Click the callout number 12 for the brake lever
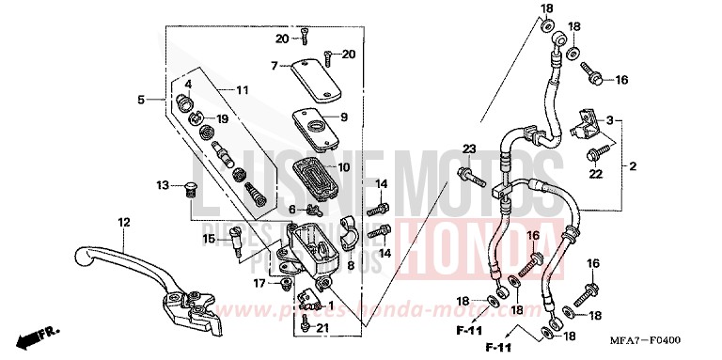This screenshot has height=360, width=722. tap(122, 222)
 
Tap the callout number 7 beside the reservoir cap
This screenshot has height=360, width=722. tap(275, 66)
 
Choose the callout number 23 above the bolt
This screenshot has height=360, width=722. tap(469, 149)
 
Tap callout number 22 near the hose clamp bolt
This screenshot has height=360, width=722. tap(595, 172)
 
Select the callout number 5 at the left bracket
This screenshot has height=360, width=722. tap(140, 99)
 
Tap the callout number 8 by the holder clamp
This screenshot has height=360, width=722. tap(350, 266)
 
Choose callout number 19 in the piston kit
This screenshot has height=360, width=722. tap(222, 119)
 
